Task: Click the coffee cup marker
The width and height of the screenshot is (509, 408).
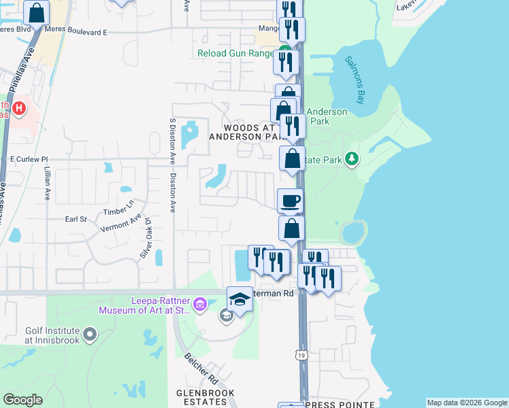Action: click(290, 201)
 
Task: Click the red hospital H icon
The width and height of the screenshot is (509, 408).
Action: click(19, 107)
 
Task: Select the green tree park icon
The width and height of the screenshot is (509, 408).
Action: click(352, 159)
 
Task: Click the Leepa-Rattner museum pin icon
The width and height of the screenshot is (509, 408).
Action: click(200, 305)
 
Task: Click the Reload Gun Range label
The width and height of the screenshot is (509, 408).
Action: click(235, 53)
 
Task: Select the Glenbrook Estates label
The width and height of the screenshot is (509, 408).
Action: click(205, 398)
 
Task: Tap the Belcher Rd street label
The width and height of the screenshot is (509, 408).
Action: click(203, 369)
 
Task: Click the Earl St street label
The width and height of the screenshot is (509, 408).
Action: click(76, 219)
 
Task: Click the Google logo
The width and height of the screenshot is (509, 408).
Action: click(22, 400)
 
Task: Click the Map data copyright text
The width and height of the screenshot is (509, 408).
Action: click(466, 403)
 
